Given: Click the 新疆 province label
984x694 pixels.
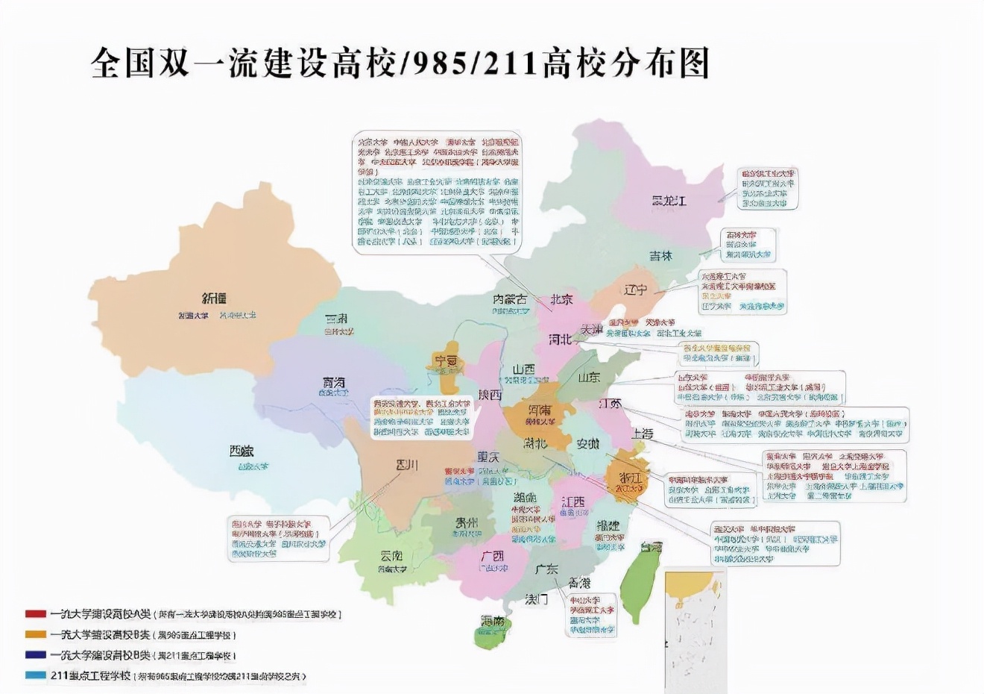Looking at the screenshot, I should coord(214,298).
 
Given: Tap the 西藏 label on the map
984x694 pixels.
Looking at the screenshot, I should coord(242,451).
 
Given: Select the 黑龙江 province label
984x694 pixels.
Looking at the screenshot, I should coord(669,201).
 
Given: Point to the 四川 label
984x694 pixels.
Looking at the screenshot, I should coord(407,465).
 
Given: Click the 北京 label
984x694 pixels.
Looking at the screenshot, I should coord(561,299).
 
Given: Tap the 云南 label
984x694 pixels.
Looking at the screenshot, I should coord(391,555).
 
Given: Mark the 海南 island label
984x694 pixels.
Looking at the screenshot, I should coord(492,621).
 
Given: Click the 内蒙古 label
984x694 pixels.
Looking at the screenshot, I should coord(510,298).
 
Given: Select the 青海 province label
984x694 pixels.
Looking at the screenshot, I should coord(334,382).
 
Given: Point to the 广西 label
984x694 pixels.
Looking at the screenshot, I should coord(492,556).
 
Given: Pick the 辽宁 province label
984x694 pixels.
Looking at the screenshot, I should coord(635,290).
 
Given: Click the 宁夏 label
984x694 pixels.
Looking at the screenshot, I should coord(445,361).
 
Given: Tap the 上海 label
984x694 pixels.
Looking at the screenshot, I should coord(643,434).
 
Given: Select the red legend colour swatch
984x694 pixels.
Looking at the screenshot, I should coord(35,613).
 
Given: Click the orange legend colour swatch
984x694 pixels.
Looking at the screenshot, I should coord(35,634).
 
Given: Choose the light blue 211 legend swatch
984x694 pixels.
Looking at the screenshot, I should coord(35,675).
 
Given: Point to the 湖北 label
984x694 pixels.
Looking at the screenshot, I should coord(534,443).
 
